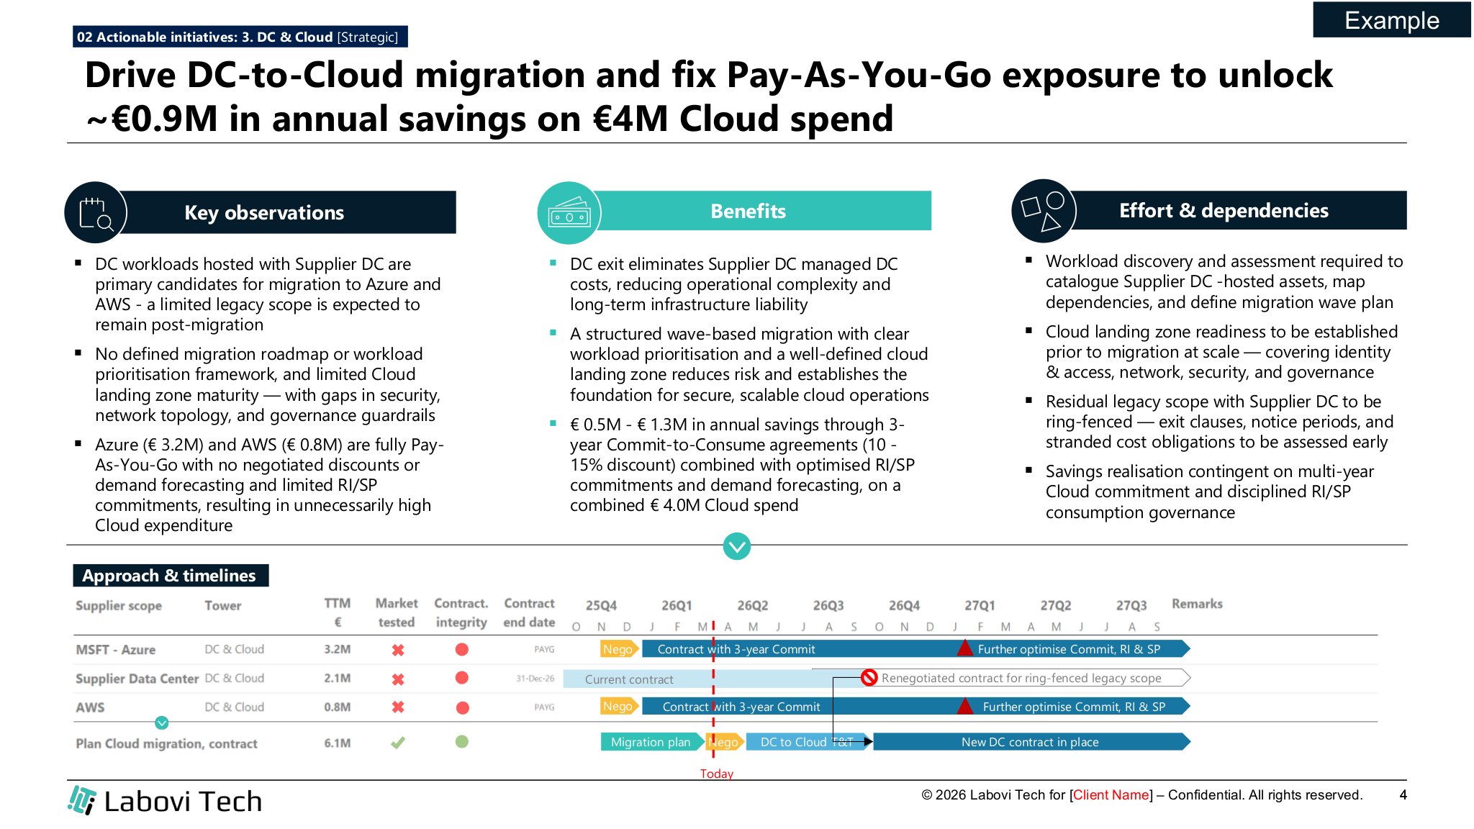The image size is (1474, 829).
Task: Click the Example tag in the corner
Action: [x=1391, y=20]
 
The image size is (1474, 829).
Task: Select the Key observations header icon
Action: [x=96, y=213]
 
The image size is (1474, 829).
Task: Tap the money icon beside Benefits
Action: [x=569, y=213]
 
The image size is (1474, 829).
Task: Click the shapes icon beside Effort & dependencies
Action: [x=1043, y=211]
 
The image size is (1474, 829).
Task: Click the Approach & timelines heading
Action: [x=170, y=576]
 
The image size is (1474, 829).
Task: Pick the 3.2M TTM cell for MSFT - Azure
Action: [x=337, y=649]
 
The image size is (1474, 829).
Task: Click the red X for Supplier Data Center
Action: [x=397, y=679]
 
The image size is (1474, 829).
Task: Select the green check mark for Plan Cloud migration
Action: [x=397, y=742]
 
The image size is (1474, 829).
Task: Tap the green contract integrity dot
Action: [x=462, y=741]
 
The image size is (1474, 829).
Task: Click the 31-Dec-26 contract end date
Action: [x=535, y=679]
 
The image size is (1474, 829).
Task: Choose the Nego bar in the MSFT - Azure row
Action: [x=618, y=649]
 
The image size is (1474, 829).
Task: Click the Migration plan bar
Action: [x=651, y=742]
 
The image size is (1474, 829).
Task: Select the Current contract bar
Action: [x=628, y=679]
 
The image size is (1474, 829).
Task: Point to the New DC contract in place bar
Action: [x=1030, y=742]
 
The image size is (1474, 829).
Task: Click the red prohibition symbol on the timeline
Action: [x=869, y=677]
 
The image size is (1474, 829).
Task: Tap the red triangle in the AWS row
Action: [x=964, y=706]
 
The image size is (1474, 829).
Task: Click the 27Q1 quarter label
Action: [x=980, y=605]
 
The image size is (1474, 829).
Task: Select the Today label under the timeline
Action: [x=717, y=774]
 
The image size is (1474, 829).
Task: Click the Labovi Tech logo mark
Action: [x=82, y=800]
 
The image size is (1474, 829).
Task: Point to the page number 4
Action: [x=1403, y=794]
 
